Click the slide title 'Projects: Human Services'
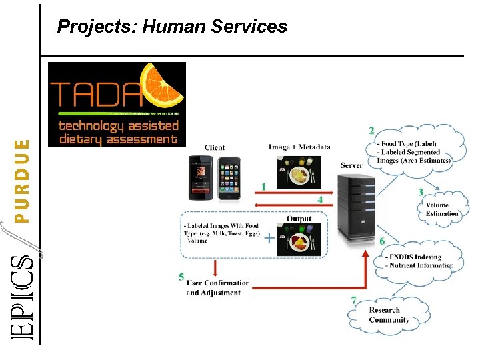click(x=172, y=27)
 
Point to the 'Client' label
click(x=215, y=147)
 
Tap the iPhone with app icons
click(x=229, y=177)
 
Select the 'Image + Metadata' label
click(x=299, y=147)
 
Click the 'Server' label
click(x=351, y=165)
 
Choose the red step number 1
click(x=265, y=187)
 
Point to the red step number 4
click(x=320, y=199)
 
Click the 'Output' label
click(x=299, y=219)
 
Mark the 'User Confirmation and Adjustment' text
click(x=218, y=288)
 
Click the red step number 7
click(x=354, y=301)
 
